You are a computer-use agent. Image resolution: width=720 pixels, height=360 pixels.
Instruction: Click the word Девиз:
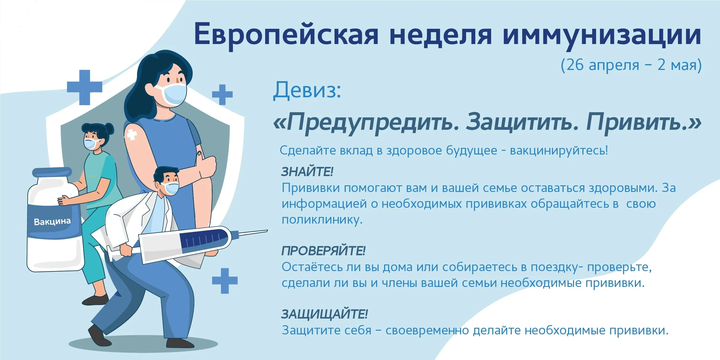(307, 90)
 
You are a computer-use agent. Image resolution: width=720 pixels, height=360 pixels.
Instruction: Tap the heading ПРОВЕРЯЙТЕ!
(323, 251)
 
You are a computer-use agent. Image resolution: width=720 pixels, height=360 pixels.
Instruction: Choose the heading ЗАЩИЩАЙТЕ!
(324, 314)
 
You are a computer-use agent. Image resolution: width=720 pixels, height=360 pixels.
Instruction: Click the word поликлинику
(322, 220)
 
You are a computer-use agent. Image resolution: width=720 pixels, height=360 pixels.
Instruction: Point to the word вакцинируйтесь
(558, 151)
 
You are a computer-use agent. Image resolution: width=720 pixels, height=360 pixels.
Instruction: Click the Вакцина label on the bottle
(52, 222)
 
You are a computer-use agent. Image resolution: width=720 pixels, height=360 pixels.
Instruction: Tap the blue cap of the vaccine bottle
(52, 172)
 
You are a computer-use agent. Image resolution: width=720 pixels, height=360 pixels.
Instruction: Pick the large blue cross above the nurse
(84, 87)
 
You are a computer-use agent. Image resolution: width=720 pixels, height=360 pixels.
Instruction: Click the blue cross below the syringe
(225, 281)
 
